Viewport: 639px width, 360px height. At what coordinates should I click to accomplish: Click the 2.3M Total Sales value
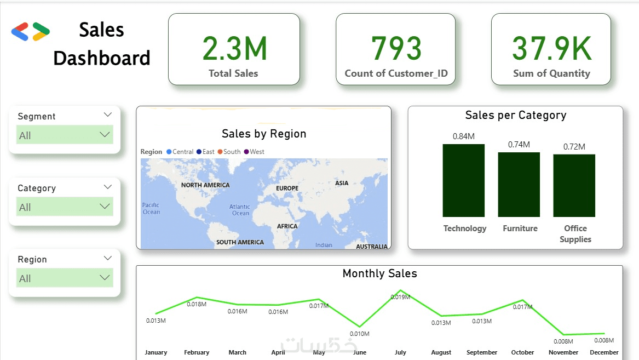[x=234, y=48]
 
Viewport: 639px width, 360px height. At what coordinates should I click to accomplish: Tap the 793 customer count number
[x=396, y=48]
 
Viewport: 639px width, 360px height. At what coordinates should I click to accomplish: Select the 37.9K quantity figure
[x=551, y=48]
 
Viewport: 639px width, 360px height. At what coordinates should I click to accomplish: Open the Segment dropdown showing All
[x=65, y=135]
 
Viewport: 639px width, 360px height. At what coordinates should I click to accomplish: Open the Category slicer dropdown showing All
[x=65, y=207]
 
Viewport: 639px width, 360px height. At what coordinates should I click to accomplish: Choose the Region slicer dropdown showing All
[x=65, y=278]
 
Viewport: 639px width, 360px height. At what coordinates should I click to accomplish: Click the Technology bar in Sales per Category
[x=464, y=180]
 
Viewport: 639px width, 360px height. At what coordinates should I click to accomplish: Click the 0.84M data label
[x=463, y=136]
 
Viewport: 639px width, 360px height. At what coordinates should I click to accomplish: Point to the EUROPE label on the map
[x=287, y=188]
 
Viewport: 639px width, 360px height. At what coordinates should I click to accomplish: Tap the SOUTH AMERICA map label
[x=240, y=242]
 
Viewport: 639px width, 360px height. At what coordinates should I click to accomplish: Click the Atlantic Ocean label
[x=240, y=210]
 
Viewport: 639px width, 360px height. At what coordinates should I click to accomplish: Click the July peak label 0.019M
[x=400, y=297]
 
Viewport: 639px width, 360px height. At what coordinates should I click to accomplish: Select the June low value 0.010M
[x=360, y=334]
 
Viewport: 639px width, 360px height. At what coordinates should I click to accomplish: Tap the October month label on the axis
[x=522, y=352]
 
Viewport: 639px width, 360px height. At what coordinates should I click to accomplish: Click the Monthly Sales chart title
[x=379, y=273]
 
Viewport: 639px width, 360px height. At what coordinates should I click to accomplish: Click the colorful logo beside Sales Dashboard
[x=31, y=32]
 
